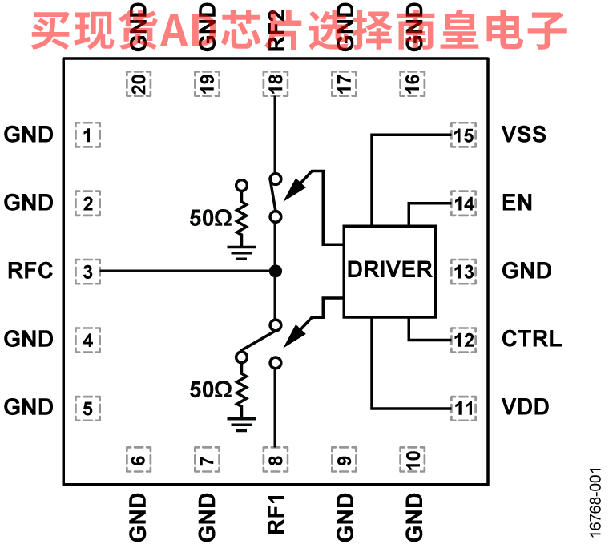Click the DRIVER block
[x=389, y=269]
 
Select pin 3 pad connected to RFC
[x=88, y=271]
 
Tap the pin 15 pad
[x=463, y=134]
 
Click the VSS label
[x=523, y=134]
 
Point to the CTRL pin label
[x=531, y=338]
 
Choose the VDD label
[x=526, y=407]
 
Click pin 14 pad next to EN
[x=463, y=203]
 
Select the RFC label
[x=30, y=271]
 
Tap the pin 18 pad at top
[x=275, y=84]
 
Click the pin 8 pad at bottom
[x=275, y=459]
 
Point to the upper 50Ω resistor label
[x=210, y=217]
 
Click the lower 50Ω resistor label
[x=210, y=390]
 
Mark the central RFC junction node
[x=275, y=271]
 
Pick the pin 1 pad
[x=88, y=134]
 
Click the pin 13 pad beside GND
[x=463, y=271]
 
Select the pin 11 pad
[x=463, y=407]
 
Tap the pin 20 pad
[x=138, y=84]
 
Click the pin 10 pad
[x=412, y=459]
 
